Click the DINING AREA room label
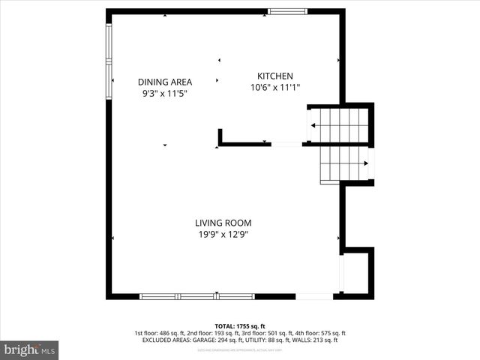tap(164, 82)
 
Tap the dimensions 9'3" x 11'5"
tap(164, 94)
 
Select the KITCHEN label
tap(274, 76)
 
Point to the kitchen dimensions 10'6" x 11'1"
tap(274, 88)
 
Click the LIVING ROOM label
tap(223, 223)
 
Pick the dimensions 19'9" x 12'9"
tap(223, 235)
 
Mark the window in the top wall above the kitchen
tap(287, 11)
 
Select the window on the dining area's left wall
tap(109, 61)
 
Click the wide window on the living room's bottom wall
tap(197, 296)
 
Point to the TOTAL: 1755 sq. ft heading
tap(239, 326)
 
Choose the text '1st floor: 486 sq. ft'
tap(162, 333)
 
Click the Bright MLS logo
tap(29, 349)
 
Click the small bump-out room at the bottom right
tap(356, 273)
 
